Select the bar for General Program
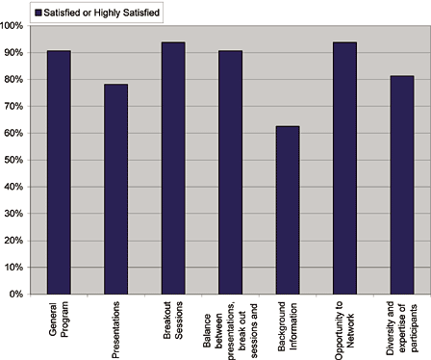[59, 172]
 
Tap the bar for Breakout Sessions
[173, 168]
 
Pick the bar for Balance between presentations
[230, 172]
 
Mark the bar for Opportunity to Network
[344, 168]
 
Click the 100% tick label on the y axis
[13, 25]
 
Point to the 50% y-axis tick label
[14, 160]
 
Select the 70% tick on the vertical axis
[14, 106]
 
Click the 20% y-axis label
[14, 241]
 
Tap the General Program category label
[59, 325]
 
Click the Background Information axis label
[288, 327]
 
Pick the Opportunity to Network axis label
[344, 327]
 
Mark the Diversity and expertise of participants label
[402, 327]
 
